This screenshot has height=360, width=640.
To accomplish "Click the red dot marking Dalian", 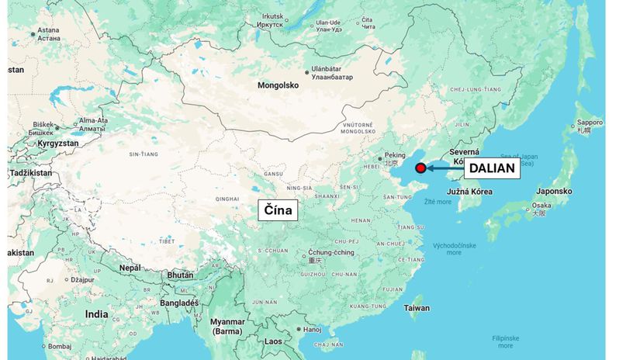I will (x=420, y=168).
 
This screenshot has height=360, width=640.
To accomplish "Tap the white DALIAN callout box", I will (x=492, y=168).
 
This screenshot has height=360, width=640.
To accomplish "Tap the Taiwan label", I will (x=417, y=308).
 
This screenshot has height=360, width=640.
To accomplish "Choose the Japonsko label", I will (x=554, y=191).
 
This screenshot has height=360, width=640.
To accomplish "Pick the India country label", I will (x=97, y=314).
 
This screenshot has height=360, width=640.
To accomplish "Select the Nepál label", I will (x=130, y=268).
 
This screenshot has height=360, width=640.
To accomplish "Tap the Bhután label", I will (x=180, y=275).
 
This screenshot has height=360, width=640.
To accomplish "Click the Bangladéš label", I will (x=178, y=303).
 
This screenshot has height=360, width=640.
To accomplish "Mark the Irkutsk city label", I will (x=273, y=16).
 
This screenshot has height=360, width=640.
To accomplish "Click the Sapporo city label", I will (x=590, y=123).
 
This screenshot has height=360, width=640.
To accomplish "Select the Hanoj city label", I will (x=313, y=330).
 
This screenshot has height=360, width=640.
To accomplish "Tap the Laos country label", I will (x=273, y=341).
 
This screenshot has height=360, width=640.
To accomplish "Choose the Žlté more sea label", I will (x=437, y=202).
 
